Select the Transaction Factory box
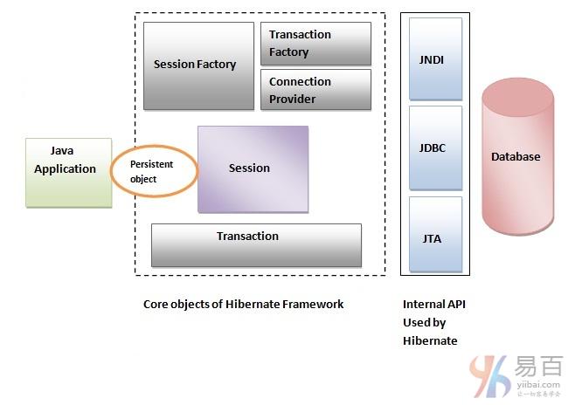click(x=315, y=44)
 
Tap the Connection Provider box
click(x=315, y=90)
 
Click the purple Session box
click(x=253, y=168)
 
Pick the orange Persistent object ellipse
click(x=155, y=171)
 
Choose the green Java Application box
click(x=68, y=172)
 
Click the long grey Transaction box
click(x=256, y=245)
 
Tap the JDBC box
click(x=435, y=148)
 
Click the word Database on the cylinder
click(x=516, y=157)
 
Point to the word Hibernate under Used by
click(x=430, y=340)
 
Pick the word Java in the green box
click(x=61, y=151)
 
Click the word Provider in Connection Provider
click(x=293, y=99)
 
